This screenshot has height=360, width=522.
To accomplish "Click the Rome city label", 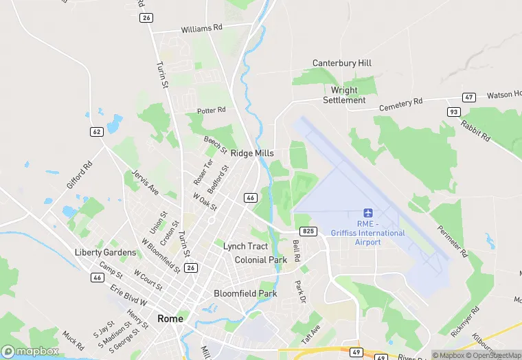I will (x=170, y=319).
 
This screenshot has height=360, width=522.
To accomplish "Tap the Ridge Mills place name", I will (x=252, y=153).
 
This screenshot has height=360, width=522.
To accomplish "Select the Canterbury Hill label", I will (x=342, y=63).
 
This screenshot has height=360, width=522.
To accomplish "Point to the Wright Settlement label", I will (x=344, y=95).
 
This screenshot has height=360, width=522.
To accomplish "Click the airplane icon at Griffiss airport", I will (x=367, y=214).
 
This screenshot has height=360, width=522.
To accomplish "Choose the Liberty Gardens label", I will (x=105, y=252).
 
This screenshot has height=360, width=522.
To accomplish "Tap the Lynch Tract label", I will (x=245, y=246).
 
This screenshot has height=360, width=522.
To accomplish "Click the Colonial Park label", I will (x=260, y=260).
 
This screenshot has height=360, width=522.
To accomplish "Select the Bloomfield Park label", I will (x=245, y=293).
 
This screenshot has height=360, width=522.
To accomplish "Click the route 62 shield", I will (x=96, y=131).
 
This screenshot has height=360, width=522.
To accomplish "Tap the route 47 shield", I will (x=469, y=98).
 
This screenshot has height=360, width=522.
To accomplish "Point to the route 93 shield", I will (x=453, y=111).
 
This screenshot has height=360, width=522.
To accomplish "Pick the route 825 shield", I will (x=309, y=232).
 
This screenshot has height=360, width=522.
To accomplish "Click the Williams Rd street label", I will (x=202, y=30).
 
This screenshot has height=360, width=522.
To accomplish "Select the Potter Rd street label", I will (x=211, y=111).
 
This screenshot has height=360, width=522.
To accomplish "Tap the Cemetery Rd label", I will (x=402, y=104).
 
